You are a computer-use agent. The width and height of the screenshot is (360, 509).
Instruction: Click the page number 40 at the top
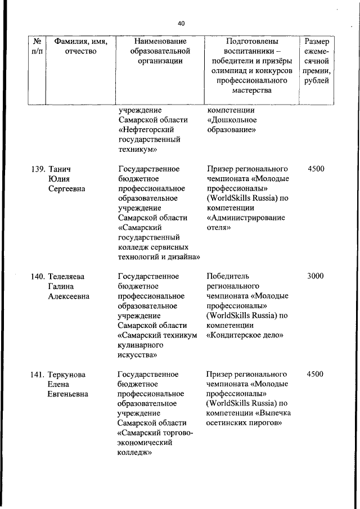tap(181, 24)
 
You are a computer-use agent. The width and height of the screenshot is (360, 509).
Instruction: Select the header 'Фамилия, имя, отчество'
tap(80, 46)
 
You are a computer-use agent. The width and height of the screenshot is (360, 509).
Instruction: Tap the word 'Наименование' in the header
tap(160, 41)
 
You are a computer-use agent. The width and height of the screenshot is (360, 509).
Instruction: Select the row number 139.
tap(37, 169)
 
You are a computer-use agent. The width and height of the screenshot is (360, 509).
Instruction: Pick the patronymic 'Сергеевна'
tap(67, 188)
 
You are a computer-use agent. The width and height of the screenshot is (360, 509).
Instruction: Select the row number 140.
tap(37, 276)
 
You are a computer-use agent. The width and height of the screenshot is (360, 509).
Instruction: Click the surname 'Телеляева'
tap(66, 276)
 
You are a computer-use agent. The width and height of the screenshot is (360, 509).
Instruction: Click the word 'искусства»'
tap(137, 354)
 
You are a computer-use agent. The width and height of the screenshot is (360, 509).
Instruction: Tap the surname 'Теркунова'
tap(67, 374)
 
